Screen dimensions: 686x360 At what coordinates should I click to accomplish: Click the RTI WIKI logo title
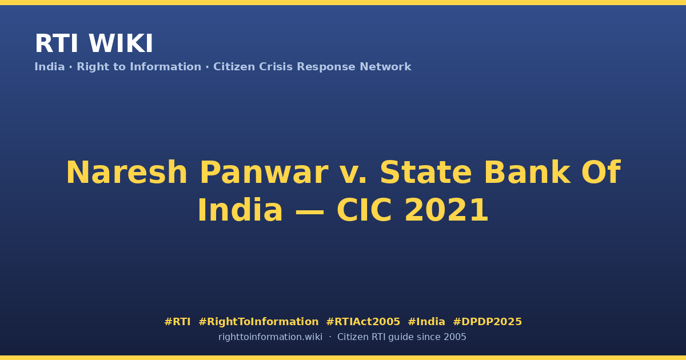94,43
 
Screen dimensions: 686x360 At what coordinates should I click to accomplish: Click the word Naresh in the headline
126,173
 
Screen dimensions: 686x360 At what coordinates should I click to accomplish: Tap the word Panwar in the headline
264,173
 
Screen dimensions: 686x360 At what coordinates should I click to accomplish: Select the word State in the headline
426,173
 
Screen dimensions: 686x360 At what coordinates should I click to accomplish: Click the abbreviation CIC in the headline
364,210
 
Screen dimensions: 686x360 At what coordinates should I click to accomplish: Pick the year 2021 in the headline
446,210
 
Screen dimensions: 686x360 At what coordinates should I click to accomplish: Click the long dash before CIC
309,211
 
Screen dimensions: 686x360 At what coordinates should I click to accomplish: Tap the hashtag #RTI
177,322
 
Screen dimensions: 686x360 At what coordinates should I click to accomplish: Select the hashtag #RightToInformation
258,322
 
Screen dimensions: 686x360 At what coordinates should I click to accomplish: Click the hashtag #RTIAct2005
363,322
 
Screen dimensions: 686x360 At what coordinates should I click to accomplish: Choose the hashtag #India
426,322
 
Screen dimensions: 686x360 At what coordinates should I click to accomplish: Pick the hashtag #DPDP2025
487,322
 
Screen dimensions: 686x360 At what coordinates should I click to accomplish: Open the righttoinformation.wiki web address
270,337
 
